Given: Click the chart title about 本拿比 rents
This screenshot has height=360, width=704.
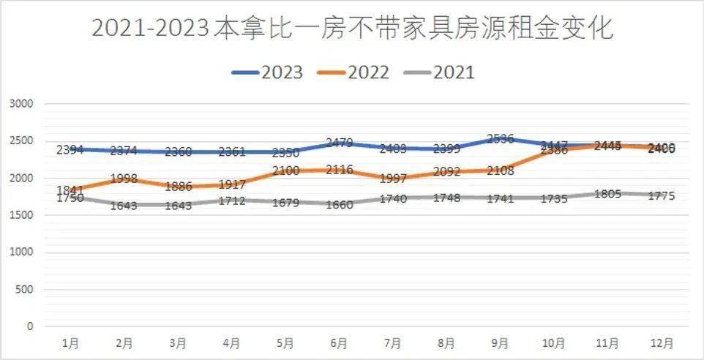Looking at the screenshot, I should tap(352, 29).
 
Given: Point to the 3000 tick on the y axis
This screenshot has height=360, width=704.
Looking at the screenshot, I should tap(22, 104).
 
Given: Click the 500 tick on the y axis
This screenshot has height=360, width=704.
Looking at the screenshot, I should tap(26, 290).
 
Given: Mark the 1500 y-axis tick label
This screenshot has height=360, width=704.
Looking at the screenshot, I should tap(22, 215).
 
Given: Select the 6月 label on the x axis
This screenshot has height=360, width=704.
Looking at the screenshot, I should tap(339, 342).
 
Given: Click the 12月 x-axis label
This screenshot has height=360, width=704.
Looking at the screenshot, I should tap(662, 342).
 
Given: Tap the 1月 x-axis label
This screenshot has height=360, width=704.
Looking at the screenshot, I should tap(70, 342).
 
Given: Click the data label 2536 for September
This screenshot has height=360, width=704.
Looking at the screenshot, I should tap(500, 139).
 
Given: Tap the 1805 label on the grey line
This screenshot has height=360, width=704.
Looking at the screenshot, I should tap(607, 194).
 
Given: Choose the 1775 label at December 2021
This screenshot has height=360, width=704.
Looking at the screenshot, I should tap(662, 196).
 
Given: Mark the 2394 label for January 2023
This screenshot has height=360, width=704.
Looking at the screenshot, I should tap(70, 150).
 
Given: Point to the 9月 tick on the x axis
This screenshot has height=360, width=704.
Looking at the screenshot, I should tap(500, 342).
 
